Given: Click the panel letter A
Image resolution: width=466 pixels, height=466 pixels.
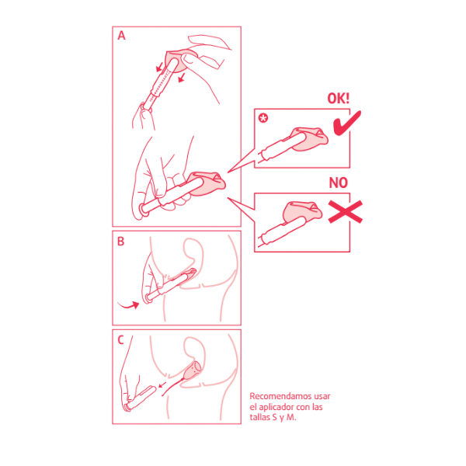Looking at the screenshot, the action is [122, 36].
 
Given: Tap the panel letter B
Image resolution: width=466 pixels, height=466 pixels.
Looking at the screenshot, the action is [120, 242].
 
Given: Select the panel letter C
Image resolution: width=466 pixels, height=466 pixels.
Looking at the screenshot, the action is [120, 340].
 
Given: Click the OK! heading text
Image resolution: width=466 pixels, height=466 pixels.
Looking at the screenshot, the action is [338, 99].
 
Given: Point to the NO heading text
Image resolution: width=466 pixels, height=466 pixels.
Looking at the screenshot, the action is [338, 183].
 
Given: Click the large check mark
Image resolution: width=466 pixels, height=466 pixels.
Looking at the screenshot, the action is [347, 123].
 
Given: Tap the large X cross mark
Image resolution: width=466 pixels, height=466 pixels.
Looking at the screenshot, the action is [346, 211].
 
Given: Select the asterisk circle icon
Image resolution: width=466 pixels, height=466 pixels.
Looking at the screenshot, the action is [263, 118].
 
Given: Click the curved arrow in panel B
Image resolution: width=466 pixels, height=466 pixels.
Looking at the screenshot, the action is [129, 305].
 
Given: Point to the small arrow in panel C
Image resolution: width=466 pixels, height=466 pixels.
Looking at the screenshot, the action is [162, 385].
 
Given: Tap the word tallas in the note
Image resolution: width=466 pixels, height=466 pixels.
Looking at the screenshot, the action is [259, 417].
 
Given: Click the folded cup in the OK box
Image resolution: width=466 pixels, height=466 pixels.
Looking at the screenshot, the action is [309, 139].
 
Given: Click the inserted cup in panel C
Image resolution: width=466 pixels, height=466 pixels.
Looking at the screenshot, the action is [193, 371].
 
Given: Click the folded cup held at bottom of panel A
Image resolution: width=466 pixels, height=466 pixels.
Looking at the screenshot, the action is [207, 183].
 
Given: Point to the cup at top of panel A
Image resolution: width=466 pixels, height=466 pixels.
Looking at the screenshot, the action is [179, 61].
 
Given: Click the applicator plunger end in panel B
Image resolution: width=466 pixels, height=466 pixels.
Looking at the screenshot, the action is [148, 298].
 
